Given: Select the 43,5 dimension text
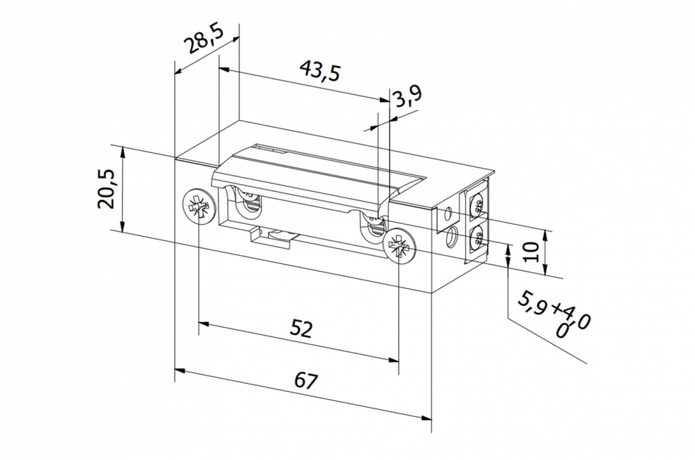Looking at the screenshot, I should pos(320,71).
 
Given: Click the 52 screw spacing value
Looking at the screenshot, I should pos(301,329).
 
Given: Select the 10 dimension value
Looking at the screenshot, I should pos(532,252).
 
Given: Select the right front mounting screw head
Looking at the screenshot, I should pos(398,247).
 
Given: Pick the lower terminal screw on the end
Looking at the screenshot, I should pos(477,238).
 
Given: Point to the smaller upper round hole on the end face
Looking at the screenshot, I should pos(447,215).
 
